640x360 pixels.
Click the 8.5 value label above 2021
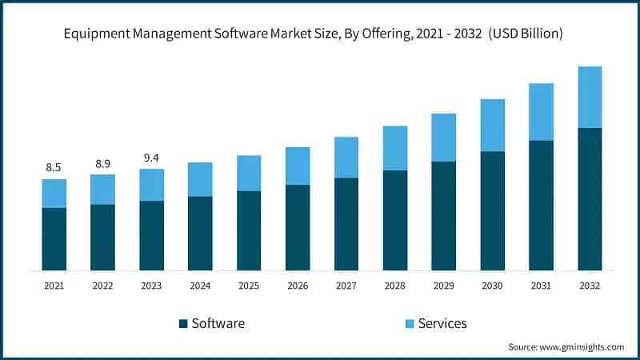(54, 167)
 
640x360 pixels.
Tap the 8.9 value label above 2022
(102, 163)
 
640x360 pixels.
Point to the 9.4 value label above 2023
(151, 158)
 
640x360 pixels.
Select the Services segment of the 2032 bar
(590, 97)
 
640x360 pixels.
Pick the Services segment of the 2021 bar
(54, 194)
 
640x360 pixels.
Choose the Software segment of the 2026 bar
(298, 227)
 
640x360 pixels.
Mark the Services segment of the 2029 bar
(443, 138)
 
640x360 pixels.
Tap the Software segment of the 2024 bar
(200, 233)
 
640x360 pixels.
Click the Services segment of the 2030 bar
(492, 126)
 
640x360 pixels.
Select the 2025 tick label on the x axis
(249, 285)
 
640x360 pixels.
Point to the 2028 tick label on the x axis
(394, 285)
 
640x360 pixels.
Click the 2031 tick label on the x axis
(541, 285)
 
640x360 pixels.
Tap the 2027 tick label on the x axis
(346, 285)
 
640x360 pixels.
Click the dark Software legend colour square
(183, 323)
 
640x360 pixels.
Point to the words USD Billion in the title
(528, 34)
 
